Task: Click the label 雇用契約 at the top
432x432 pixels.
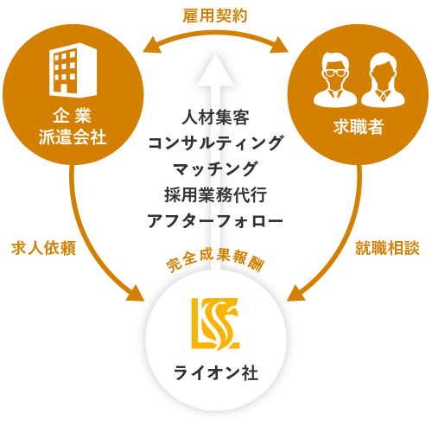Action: [215, 16]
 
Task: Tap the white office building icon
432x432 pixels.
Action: [73, 70]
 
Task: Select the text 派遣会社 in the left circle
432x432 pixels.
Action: [73, 137]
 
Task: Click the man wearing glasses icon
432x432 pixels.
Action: [335, 79]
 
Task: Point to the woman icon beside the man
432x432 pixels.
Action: [383, 79]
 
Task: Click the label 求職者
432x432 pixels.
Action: [359, 127]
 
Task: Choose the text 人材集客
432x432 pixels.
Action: [215, 118]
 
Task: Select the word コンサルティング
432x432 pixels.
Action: [215, 143]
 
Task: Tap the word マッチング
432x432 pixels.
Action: [215, 169]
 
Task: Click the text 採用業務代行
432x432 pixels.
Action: [215, 195]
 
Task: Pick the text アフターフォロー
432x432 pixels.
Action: [215, 221]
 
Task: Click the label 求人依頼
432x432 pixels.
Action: [43, 248]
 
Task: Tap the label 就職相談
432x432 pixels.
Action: [387, 248]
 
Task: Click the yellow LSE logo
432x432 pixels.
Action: [215, 324]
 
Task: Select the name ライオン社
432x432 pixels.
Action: [216, 372]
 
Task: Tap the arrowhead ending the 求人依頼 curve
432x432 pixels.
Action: [135, 293]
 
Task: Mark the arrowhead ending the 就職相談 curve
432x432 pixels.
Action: [296, 293]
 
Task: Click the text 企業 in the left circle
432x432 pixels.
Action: [73, 116]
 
